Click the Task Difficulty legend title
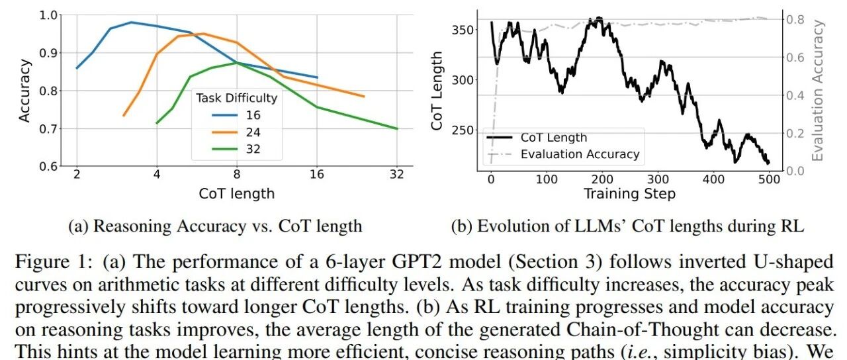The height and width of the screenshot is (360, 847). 236,98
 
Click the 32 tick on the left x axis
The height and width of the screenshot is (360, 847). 397,176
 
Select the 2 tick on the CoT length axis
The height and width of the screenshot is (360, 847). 77,176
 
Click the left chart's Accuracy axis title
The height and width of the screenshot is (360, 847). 24,91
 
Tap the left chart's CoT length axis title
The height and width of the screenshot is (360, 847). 236,193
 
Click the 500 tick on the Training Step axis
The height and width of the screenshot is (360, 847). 769,179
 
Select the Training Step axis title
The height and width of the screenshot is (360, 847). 629,193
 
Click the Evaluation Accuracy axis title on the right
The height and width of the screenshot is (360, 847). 819,91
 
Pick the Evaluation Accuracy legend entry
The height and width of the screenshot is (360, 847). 580,154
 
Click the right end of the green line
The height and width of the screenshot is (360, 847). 397,128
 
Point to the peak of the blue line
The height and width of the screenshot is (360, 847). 132,22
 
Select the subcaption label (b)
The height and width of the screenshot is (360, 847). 461,226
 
